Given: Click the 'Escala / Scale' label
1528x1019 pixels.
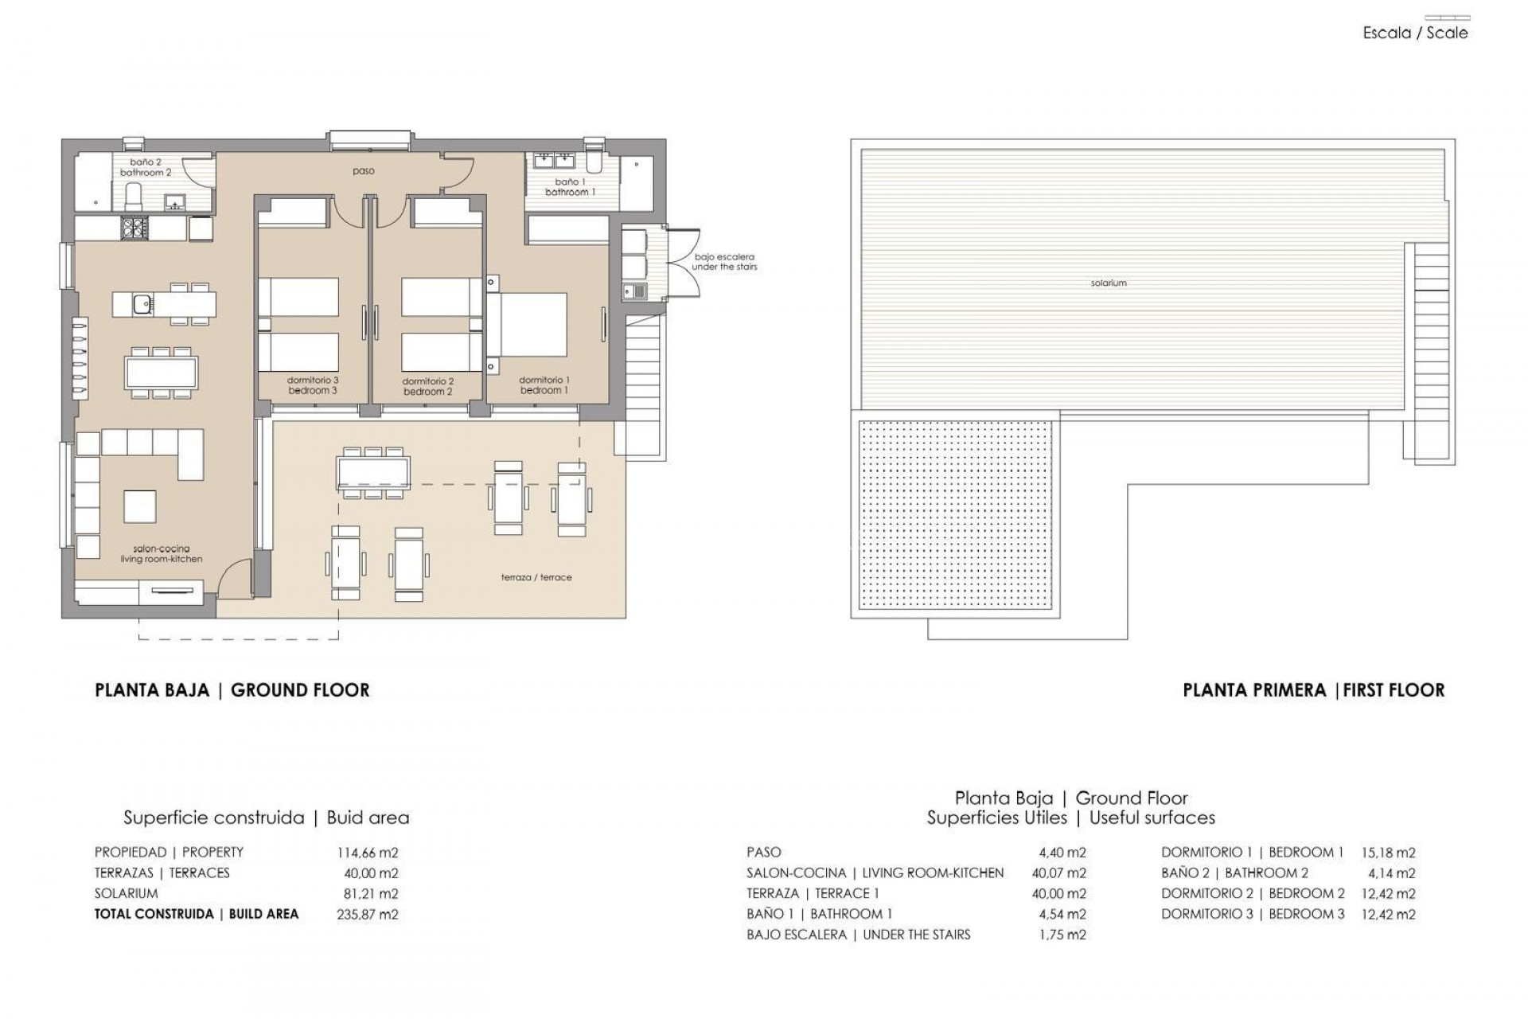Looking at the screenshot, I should click(1415, 33).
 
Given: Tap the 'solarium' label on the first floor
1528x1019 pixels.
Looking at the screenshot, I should click(1109, 283).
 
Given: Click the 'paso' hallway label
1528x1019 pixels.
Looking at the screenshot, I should click(364, 171).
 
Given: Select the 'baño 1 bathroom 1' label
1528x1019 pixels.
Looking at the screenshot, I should click(570, 187).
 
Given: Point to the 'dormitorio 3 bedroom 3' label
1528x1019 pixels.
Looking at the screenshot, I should click(313, 386).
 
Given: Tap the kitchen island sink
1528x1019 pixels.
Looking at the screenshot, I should click(143, 303).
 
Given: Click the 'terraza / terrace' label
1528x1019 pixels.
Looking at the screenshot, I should click(536, 577).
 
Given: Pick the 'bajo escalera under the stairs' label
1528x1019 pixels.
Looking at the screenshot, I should click(724, 262).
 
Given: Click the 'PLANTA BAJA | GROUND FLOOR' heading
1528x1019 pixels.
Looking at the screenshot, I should click(232, 690).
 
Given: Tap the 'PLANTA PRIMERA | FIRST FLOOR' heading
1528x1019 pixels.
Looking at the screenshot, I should click(1313, 690).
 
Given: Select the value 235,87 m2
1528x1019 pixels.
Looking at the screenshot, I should click(368, 915).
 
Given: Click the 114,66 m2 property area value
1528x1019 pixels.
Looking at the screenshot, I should click(368, 853).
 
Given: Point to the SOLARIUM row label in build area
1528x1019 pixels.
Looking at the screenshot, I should click(127, 893).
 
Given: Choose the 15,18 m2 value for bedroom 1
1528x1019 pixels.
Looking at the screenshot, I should click(1388, 853).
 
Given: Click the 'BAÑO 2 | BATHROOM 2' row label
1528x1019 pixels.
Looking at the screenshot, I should click(1234, 873).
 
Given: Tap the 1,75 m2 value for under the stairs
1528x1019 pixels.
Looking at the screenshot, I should click(1062, 935).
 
